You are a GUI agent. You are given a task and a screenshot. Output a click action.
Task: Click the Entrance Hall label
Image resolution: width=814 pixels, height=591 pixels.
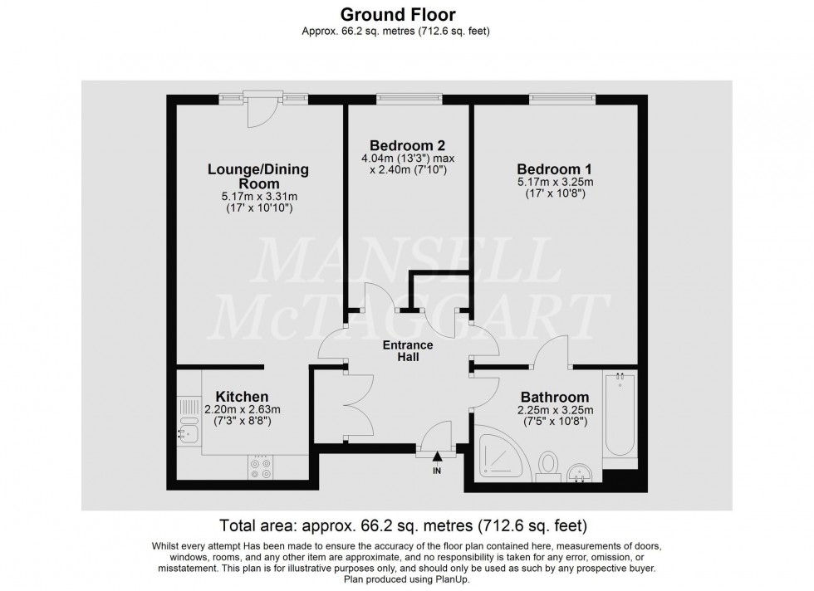tap(408, 350)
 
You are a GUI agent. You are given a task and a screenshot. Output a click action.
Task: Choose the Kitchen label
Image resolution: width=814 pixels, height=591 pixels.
tap(242, 396)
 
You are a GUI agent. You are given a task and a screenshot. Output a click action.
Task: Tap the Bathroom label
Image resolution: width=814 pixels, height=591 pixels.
tap(555, 397)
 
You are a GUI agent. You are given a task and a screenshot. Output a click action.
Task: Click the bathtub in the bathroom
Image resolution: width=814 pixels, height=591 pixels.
tap(620, 415)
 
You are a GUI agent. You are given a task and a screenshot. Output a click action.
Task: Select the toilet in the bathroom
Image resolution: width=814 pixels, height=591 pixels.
tap(547, 466)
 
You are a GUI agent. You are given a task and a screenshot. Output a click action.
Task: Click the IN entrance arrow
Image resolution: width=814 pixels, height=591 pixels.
tap(438, 463)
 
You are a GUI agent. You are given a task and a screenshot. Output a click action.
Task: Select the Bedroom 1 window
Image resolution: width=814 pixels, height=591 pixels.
tap(562, 99)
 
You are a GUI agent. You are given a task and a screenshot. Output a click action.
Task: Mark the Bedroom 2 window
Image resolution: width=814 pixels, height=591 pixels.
tap(409, 99)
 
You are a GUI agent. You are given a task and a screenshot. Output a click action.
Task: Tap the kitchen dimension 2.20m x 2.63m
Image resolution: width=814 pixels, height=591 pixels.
tap(243, 409)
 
